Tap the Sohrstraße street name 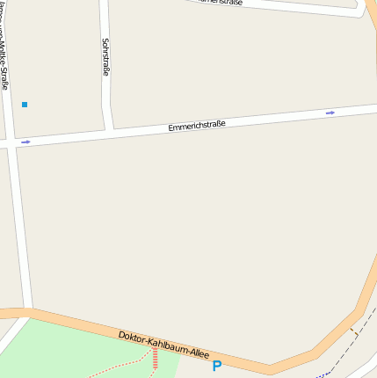click(x=105, y=56)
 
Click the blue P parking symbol click(x=216, y=366)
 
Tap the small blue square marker click(x=25, y=105)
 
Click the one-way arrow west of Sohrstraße click(x=25, y=142)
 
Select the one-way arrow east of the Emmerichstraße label click(x=330, y=113)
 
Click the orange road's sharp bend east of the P click(x=270, y=369)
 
